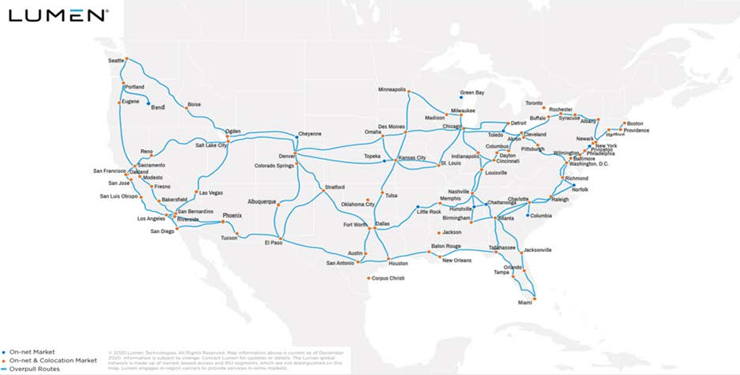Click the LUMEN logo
coord(57,15)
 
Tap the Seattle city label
coord(117,60)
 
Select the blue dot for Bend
coord(148,104)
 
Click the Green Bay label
coord(472,92)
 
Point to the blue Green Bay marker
coord(461,98)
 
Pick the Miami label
coord(525,302)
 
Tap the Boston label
coord(634,124)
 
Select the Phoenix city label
coord(232,216)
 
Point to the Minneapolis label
coord(392,89)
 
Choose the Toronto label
coord(534,103)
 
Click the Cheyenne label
coord(310,133)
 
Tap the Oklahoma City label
coord(358,204)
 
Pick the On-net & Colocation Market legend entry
coord(52,360)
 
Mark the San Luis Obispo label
coord(119,196)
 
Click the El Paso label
coord(273,242)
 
